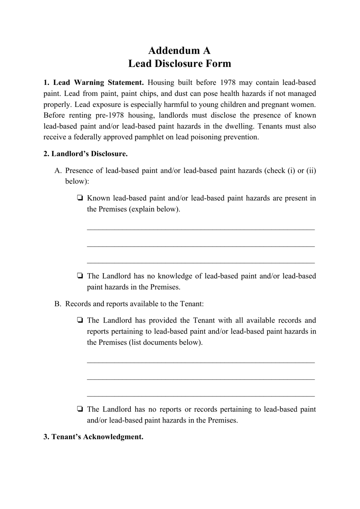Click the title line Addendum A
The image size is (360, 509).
[179, 50]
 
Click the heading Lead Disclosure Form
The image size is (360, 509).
[179, 63]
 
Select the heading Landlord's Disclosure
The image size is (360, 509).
[85, 154]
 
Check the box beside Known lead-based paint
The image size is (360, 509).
[80, 198]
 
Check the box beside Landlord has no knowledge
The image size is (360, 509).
[80, 276]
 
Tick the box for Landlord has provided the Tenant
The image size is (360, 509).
[80, 320]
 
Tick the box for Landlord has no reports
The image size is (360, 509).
[80, 409]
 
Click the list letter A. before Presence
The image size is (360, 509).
[58, 171]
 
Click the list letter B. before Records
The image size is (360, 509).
[58, 304]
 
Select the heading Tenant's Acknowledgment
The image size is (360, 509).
[93, 437]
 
